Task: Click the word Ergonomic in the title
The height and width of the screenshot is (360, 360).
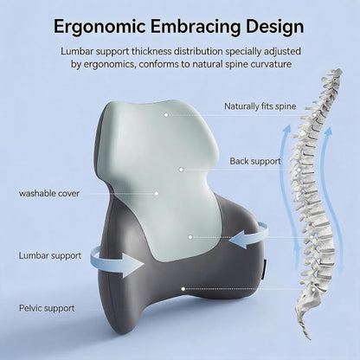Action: [x=99, y=26]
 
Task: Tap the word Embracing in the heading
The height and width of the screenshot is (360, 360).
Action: [x=196, y=26]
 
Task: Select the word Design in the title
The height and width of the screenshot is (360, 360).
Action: [x=275, y=26]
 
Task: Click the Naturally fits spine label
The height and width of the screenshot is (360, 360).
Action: [x=260, y=106]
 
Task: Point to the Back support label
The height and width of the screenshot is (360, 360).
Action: [x=255, y=161]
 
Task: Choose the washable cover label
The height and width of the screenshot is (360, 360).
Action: [x=49, y=193]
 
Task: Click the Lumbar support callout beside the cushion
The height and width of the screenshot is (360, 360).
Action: [x=50, y=255]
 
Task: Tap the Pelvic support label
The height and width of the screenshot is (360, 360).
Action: [x=47, y=308]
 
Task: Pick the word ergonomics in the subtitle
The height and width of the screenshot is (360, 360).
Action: [x=109, y=64]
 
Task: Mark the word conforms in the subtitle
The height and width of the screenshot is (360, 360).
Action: [x=158, y=64]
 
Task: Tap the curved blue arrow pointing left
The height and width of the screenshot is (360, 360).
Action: [x=248, y=235]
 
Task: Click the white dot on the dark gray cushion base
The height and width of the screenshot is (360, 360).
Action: [x=183, y=288]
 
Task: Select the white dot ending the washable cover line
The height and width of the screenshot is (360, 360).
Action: [x=156, y=193]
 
